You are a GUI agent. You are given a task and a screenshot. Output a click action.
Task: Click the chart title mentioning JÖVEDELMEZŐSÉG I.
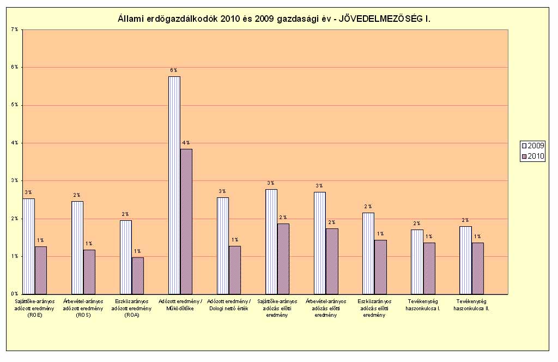278,19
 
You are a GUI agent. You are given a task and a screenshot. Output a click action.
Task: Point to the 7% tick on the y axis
14,29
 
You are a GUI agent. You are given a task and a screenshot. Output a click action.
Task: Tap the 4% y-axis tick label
14,142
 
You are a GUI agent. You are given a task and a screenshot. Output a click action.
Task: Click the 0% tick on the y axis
14,293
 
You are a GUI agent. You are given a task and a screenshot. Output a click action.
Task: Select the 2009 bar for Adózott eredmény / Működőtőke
174,185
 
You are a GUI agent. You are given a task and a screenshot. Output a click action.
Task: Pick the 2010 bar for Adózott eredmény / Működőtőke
186,221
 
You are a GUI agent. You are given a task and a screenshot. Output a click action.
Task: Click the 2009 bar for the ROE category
29,246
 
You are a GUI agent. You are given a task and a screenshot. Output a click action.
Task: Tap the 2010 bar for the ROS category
89,271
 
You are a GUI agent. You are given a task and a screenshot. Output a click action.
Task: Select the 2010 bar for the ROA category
138,275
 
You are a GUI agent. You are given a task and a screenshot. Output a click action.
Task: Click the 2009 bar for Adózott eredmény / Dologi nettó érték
223,245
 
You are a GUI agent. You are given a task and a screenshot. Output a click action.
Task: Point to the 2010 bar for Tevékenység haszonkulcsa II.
477,268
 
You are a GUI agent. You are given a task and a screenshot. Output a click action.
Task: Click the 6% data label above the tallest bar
174,70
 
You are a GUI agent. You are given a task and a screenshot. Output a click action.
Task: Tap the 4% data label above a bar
186,143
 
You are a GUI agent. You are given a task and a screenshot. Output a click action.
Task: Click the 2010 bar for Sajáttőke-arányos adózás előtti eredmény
283,258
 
